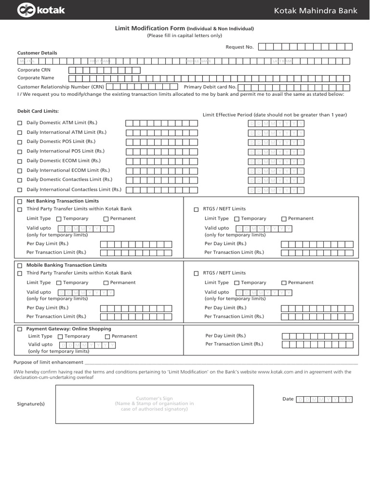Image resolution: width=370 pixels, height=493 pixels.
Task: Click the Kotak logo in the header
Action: click(x=41, y=10)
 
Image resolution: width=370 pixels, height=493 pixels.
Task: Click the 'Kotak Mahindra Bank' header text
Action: click(x=316, y=10)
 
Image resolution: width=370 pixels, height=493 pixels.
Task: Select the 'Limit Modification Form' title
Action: click(x=149, y=29)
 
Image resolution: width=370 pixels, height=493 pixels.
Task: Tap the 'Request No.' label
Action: click(x=239, y=47)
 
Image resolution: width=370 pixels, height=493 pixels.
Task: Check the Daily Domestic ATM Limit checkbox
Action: click(x=20, y=123)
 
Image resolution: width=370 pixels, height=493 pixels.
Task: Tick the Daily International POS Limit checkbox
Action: click(x=20, y=152)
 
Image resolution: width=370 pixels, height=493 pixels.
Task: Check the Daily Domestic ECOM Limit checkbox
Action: click(x=20, y=161)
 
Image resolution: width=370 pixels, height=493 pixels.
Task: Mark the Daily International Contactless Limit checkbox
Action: click(x=20, y=190)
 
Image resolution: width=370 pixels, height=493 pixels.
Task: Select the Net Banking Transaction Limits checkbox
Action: click(x=20, y=201)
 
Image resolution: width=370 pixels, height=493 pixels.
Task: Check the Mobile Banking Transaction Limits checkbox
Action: click(x=20, y=265)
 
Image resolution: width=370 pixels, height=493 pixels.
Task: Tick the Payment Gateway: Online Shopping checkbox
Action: click(x=20, y=329)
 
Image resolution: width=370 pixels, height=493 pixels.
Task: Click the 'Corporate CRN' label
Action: click(x=34, y=70)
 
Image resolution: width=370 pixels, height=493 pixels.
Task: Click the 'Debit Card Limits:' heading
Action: click(x=38, y=111)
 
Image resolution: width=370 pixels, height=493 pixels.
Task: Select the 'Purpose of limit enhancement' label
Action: click(x=48, y=362)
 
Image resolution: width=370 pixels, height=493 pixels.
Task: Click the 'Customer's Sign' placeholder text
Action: click(x=154, y=398)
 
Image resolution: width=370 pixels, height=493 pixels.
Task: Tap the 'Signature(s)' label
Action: click(x=31, y=404)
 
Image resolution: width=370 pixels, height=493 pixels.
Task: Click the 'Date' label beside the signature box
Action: click(x=288, y=399)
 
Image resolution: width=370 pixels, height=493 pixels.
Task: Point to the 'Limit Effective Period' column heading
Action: click(x=275, y=115)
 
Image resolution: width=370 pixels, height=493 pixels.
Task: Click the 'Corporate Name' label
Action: click(x=36, y=78)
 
